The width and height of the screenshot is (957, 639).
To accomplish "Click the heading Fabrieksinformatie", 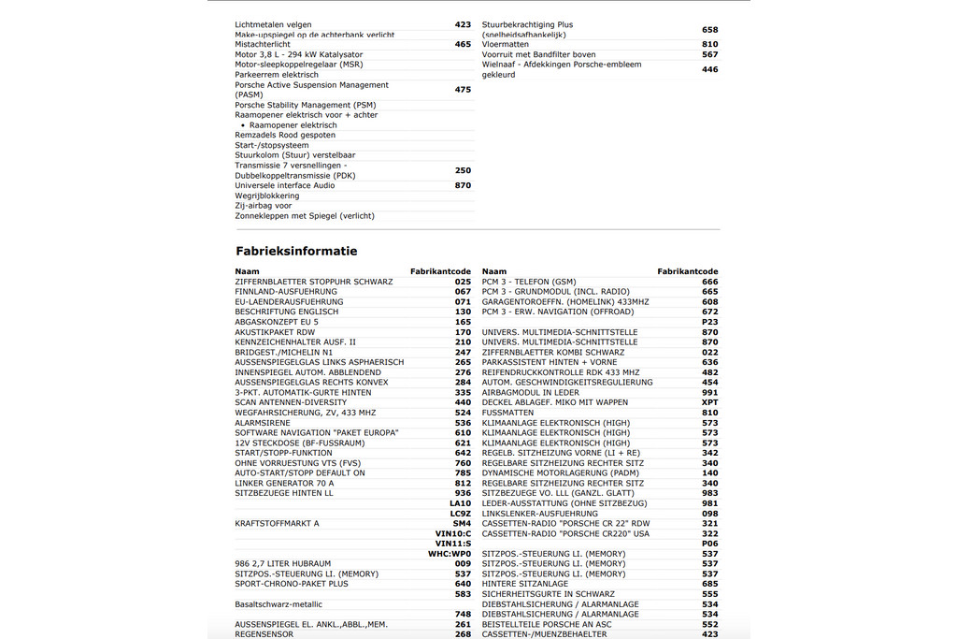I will [x=296, y=251].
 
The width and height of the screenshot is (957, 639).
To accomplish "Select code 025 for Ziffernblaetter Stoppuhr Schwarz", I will [x=463, y=282].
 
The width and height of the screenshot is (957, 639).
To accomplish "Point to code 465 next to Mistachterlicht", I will [x=463, y=44].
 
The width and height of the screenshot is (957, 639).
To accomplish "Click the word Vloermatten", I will [x=505, y=44].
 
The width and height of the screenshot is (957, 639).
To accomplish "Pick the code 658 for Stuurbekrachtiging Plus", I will [x=709, y=30].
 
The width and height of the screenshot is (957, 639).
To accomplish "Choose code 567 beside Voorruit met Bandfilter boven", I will [x=709, y=54].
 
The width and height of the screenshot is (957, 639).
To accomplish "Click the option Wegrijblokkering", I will [x=266, y=196].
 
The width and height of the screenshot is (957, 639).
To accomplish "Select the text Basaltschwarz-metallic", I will [x=279, y=604].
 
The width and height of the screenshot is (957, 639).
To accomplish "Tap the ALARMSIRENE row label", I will [x=264, y=423].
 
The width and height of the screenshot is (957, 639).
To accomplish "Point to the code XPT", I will [x=709, y=402].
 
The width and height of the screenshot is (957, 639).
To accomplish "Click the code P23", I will [x=709, y=322].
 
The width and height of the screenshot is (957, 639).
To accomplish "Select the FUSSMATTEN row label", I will [x=507, y=413].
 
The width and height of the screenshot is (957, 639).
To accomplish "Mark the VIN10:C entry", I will [x=453, y=533].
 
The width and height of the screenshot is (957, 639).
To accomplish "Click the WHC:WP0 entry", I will [x=450, y=554].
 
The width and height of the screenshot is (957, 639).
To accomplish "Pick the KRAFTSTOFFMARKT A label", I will [x=277, y=524].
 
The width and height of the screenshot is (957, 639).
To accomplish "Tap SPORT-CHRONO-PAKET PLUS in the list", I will [x=291, y=584].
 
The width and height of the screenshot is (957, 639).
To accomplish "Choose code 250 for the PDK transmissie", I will [x=463, y=170].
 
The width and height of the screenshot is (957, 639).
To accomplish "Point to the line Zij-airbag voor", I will [x=263, y=206].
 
